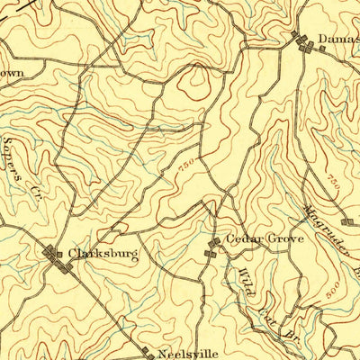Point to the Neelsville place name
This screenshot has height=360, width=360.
pyautogui.click(x=187, y=353)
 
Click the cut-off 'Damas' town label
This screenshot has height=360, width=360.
pyautogui.click(x=338, y=40)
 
